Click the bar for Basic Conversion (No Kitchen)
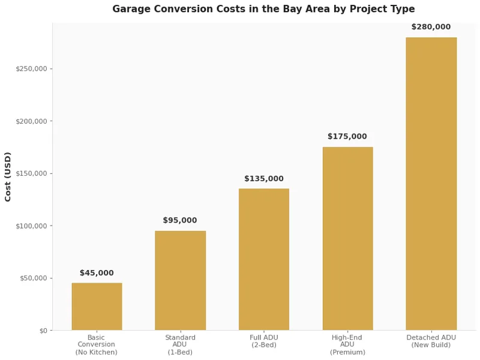(x=97, y=307)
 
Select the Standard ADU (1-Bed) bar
(x=180, y=281)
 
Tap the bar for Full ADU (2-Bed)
(x=263, y=260)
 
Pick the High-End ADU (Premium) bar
(x=347, y=239)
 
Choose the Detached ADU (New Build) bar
(x=431, y=184)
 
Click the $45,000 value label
(x=97, y=273)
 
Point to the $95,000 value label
(x=180, y=221)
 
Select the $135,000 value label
(x=263, y=179)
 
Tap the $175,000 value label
(x=347, y=137)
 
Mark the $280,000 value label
(x=431, y=27)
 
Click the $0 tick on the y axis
(x=43, y=331)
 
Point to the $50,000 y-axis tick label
(x=34, y=278)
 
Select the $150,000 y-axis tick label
(x=32, y=173)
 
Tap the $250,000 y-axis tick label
(x=32, y=69)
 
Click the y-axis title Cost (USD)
(x=8, y=176)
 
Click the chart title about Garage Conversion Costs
(x=263, y=9)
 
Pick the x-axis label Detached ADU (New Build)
(x=431, y=341)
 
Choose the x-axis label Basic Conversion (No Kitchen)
(x=97, y=345)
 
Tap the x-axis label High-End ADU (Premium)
(x=347, y=345)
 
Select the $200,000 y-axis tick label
(x=32, y=121)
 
